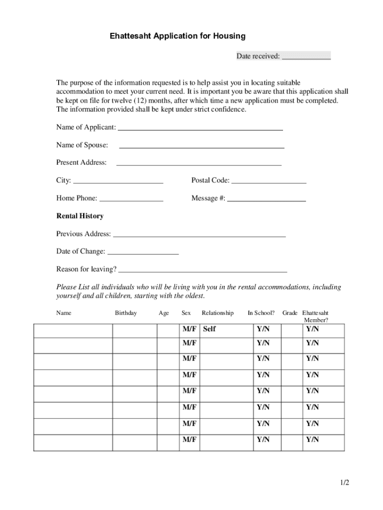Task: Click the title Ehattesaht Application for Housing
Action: [178, 36]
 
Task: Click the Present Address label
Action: [81, 162]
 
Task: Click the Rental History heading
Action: [80, 216]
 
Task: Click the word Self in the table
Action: [209, 329]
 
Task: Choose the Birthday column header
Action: [126, 313]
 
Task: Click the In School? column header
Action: [261, 313]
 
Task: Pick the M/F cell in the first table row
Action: [190, 329]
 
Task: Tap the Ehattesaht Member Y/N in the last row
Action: [312, 440]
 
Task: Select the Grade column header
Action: [290, 313]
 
